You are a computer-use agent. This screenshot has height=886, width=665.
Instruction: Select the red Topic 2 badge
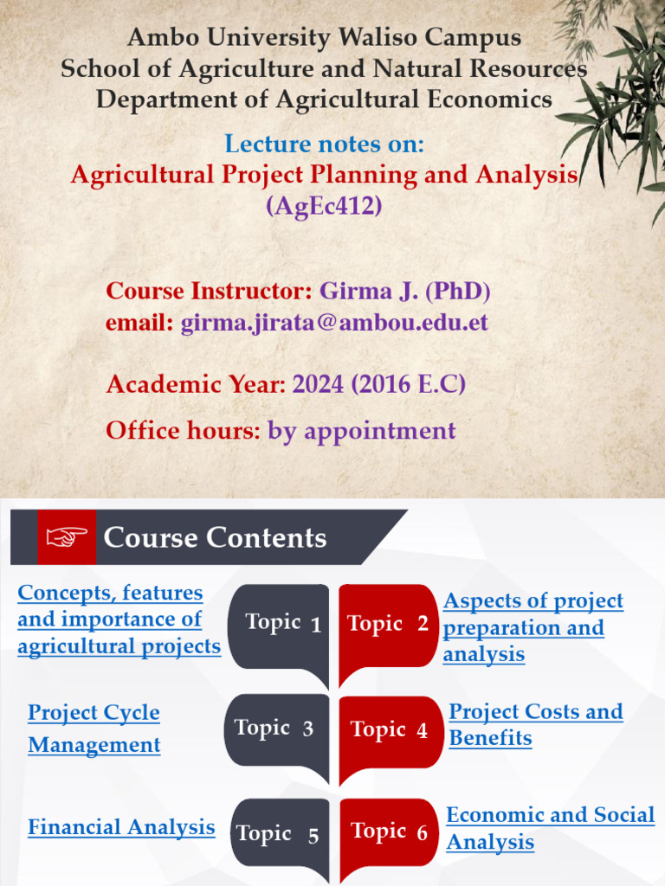387,625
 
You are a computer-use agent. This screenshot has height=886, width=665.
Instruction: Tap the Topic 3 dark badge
275,729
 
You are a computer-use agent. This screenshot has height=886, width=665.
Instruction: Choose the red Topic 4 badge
389,731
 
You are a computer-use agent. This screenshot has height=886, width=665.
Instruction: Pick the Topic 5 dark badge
279,835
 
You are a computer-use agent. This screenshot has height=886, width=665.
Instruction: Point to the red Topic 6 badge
389,833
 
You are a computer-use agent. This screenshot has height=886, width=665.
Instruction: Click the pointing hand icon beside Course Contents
67,537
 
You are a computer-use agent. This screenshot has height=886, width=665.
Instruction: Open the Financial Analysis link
121,827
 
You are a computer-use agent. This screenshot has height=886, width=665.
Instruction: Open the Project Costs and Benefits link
535,724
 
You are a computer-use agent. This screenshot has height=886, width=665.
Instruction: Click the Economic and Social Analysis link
550,828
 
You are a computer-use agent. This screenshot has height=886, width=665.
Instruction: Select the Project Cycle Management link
94,729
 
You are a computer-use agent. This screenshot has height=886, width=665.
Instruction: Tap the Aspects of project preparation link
533,627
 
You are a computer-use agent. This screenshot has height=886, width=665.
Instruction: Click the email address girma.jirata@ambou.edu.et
334,323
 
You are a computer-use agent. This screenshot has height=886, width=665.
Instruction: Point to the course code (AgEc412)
324,207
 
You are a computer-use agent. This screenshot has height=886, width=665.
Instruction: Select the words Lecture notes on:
324,144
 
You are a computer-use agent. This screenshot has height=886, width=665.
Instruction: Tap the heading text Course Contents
215,538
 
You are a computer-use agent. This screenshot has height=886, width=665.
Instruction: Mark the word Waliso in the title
391,38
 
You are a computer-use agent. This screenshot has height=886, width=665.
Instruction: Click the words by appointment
361,430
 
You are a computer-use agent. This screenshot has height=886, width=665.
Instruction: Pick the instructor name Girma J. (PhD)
404,291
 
